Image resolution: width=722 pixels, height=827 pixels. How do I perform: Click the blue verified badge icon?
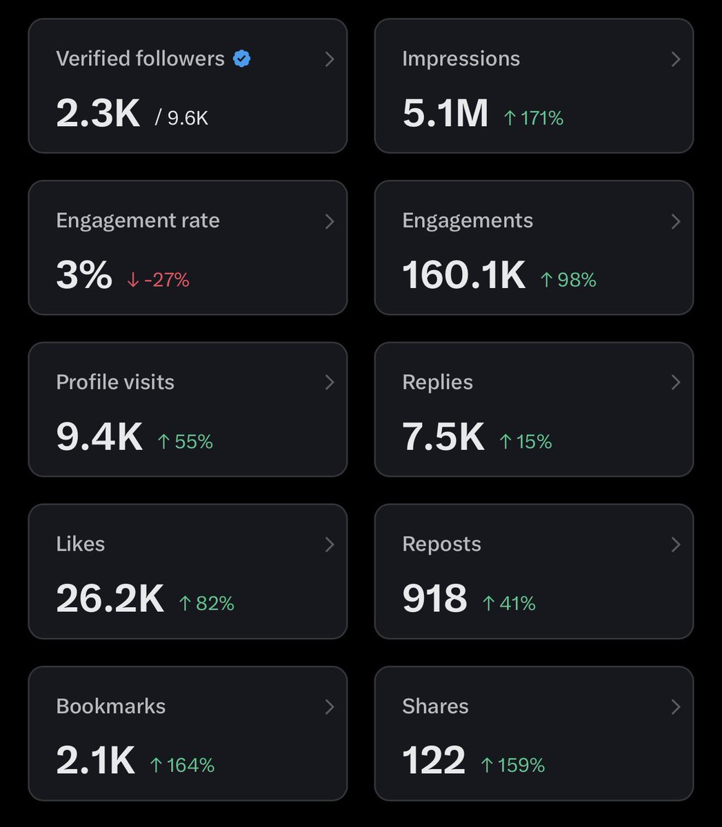pyautogui.click(x=241, y=59)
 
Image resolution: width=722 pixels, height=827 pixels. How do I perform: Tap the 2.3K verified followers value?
pyautogui.click(x=98, y=113)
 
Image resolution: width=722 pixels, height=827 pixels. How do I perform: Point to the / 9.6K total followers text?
pyautogui.click(x=181, y=118)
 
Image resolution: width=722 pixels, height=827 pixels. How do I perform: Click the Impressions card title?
pyautogui.click(x=461, y=59)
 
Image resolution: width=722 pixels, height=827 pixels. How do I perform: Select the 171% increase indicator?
pyautogui.click(x=534, y=118)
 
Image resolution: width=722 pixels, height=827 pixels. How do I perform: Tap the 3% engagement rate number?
pyautogui.click(x=83, y=275)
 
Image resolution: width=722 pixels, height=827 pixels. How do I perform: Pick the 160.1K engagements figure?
pyautogui.click(x=463, y=275)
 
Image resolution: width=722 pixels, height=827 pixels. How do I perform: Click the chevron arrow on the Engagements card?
pyautogui.click(x=676, y=221)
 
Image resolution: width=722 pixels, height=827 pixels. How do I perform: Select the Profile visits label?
pyautogui.click(x=115, y=382)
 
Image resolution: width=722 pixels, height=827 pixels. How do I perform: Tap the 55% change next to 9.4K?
pyautogui.click(x=185, y=441)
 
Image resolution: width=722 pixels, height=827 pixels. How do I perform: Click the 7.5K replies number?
pyautogui.click(x=443, y=437)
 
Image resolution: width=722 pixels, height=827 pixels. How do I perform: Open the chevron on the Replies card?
pyautogui.click(x=676, y=382)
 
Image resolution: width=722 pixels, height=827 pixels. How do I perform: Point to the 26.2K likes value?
pyautogui.click(x=110, y=599)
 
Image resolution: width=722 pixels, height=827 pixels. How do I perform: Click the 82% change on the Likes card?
pyautogui.click(x=206, y=603)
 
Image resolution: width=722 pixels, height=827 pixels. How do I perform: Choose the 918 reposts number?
pyautogui.click(x=434, y=599)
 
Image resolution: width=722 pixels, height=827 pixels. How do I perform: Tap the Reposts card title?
pyautogui.click(x=441, y=544)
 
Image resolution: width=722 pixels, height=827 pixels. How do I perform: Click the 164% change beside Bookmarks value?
pyautogui.click(x=182, y=765)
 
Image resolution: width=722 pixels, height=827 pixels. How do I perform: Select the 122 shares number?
pyautogui.click(x=434, y=761)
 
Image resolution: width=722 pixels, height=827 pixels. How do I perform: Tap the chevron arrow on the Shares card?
pyautogui.click(x=676, y=706)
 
